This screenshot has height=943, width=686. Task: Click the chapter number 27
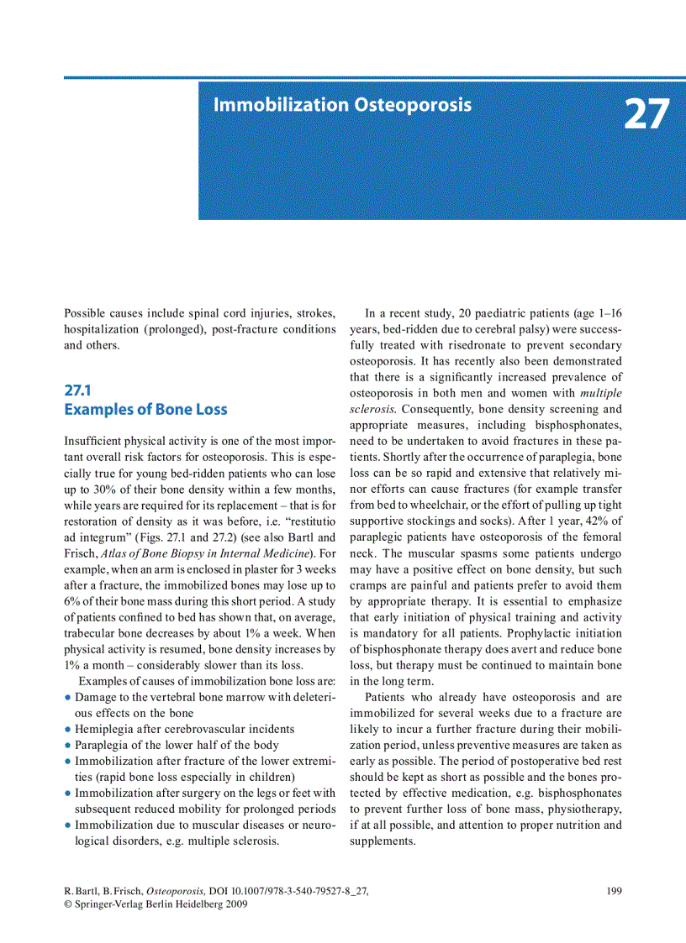(x=646, y=115)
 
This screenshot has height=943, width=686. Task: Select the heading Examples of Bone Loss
(x=145, y=410)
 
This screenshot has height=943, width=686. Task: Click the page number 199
(x=614, y=892)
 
